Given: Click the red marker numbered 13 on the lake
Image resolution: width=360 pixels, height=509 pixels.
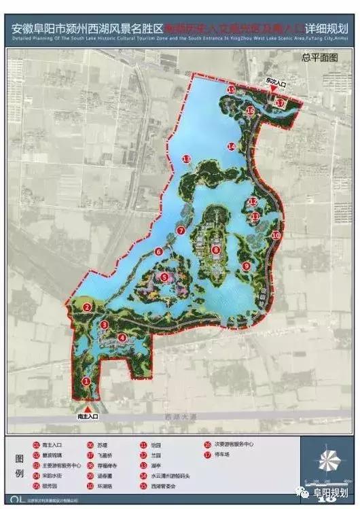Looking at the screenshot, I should (185, 158).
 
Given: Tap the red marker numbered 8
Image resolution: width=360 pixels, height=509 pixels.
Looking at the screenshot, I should (216, 250).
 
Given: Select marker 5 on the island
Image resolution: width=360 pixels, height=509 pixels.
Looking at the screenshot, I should (165, 277).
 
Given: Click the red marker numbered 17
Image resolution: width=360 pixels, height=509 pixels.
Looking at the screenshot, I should (280, 103).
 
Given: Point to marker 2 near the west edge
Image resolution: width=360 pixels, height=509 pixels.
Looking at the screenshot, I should (87, 308).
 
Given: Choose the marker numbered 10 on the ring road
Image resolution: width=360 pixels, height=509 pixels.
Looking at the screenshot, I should (276, 235).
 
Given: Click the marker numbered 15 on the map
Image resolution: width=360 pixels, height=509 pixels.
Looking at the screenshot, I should (231, 90).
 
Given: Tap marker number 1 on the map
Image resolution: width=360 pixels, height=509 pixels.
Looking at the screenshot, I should (86, 381).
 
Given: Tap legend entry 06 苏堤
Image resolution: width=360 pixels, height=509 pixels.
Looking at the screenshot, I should (97, 445).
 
